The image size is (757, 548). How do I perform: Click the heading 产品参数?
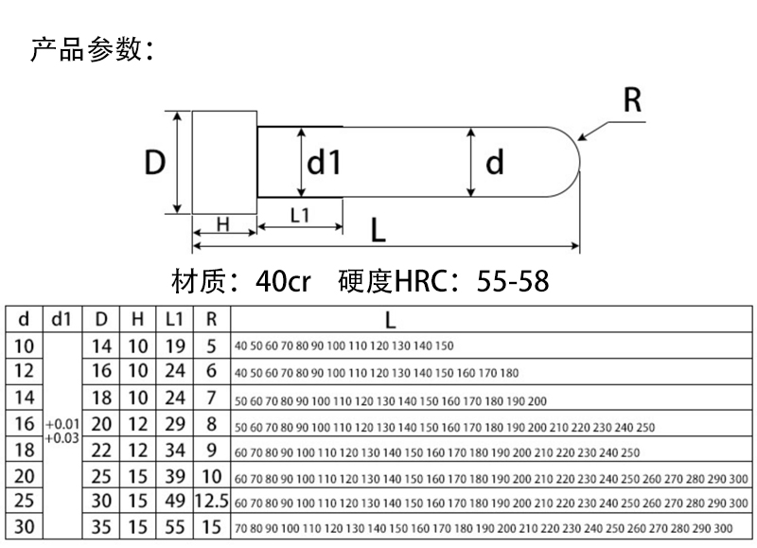[91, 49]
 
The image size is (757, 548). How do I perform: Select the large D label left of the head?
[154, 163]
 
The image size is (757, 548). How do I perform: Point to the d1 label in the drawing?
[324, 163]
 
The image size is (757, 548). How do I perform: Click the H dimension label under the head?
[223, 224]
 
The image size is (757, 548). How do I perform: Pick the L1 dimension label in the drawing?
[300, 215]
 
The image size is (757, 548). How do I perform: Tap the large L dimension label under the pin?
[378, 230]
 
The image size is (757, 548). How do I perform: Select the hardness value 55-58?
[513, 281]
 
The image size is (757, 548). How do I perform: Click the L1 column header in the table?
[174, 320]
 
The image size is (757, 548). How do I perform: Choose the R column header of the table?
[212, 320]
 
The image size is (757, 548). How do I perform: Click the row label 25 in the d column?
[25, 501]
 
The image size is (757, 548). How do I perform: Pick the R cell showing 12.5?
[212, 501]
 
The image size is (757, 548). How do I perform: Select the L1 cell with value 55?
[174, 527]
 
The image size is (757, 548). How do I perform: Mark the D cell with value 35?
[102, 527]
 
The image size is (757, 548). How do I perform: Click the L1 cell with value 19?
[174, 345]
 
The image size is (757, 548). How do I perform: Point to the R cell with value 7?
[212, 398]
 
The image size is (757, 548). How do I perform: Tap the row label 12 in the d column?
[25, 371]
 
